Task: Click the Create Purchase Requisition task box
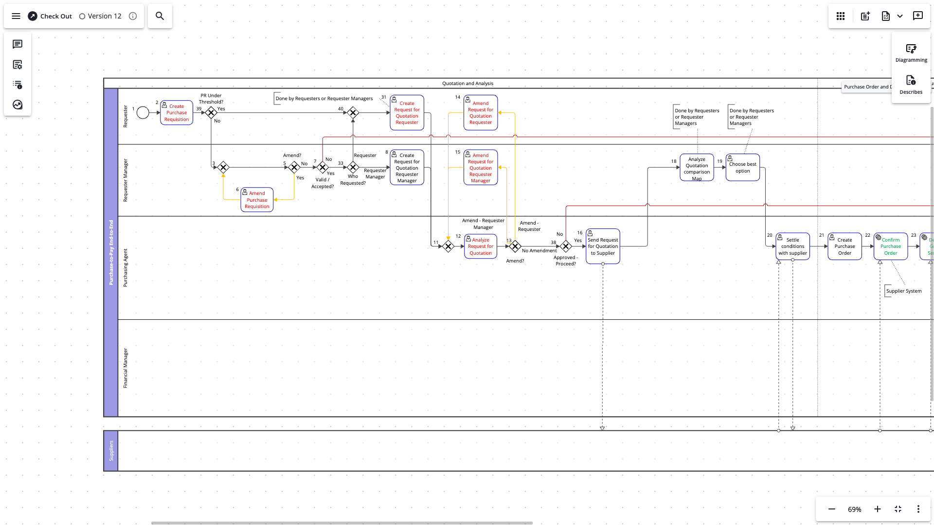pos(177,113)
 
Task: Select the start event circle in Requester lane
pos(143,113)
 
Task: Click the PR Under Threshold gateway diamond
pos(211,113)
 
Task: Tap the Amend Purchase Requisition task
pos(257,200)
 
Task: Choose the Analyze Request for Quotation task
pos(481,246)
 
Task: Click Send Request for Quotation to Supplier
pos(603,246)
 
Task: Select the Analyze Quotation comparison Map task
pos(697,168)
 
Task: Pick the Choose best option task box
pos(742,168)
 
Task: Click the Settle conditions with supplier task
pos(792,246)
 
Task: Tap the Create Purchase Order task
pos(844,246)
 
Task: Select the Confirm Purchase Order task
pos(890,246)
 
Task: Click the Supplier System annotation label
pos(903,291)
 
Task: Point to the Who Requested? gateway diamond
pos(353,167)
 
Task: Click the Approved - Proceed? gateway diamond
pos(566,246)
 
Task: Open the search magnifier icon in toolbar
pos(160,16)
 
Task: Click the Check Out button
pos(50,16)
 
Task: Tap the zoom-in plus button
pos(878,509)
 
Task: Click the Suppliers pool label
pos(111,451)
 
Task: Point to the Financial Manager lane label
pos(125,368)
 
